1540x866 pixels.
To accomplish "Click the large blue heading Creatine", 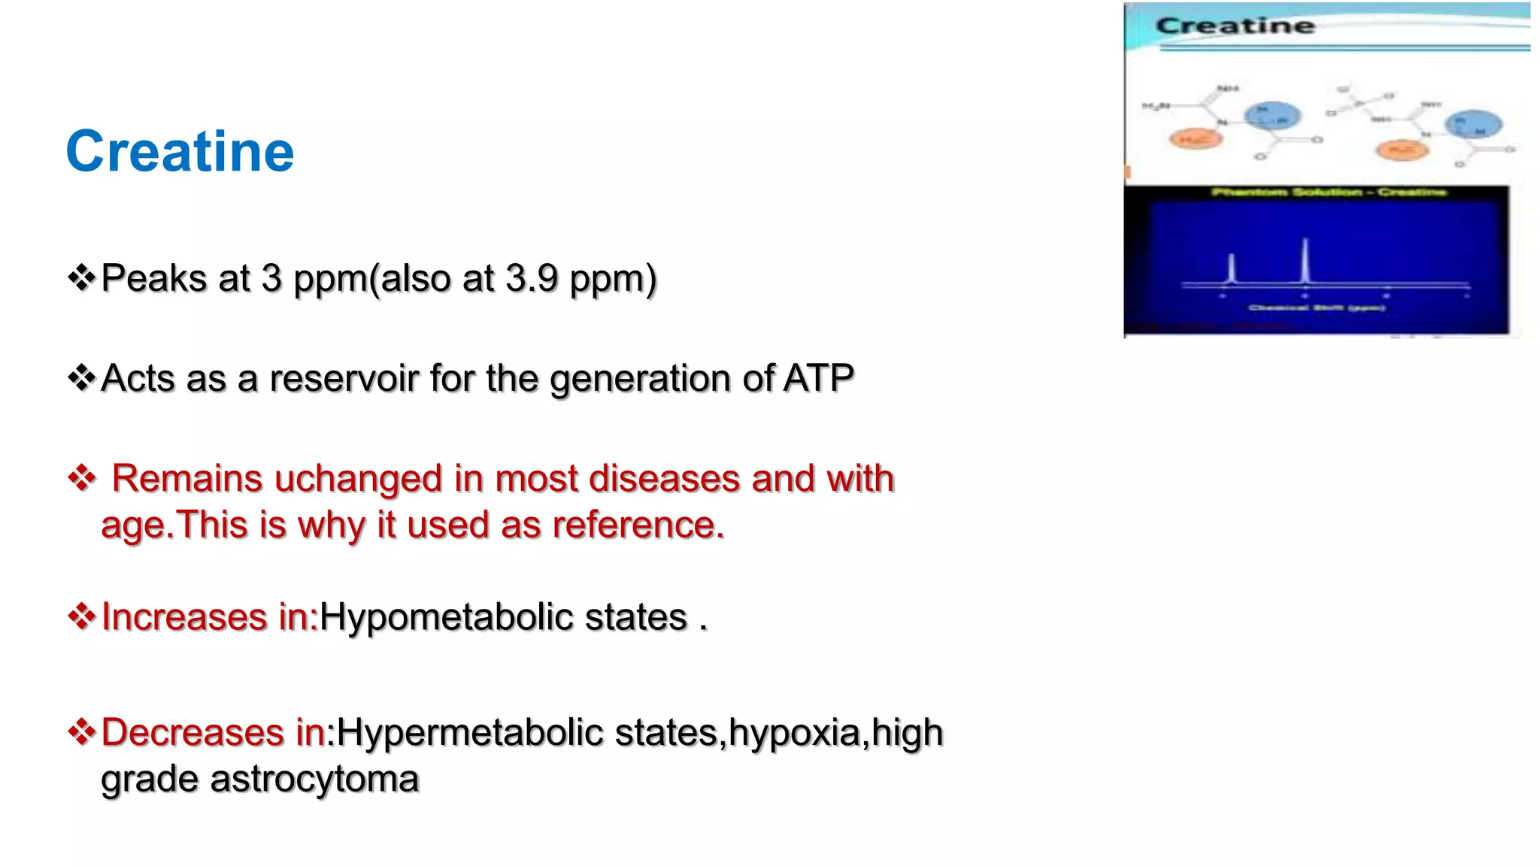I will click(x=180, y=152).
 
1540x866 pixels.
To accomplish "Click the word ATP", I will click(x=818, y=378).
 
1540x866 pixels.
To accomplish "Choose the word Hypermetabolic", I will click(x=469, y=733).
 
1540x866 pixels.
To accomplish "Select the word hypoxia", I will click(x=794, y=733).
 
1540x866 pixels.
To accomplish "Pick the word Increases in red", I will click(x=184, y=617).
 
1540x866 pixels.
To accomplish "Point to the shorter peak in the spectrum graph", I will click(x=1232, y=269).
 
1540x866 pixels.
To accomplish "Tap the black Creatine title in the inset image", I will click(x=1235, y=26).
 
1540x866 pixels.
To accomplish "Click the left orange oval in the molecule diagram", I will click(x=1195, y=139).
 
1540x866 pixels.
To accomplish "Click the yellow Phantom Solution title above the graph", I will click(x=1328, y=192).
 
